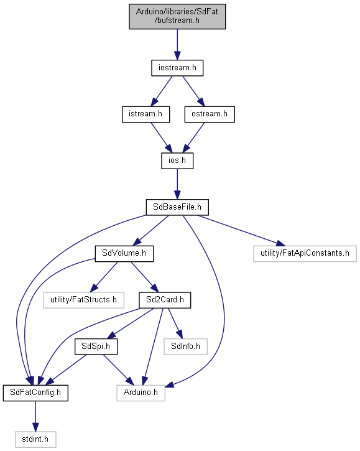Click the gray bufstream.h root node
click(177, 16)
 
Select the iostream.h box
click(177, 68)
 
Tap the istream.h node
click(145, 114)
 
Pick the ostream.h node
click(210, 114)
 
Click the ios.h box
click(177, 160)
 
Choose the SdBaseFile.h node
click(177, 207)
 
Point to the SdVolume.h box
click(124, 253)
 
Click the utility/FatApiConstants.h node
click(305, 253)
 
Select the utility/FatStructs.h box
click(84, 300)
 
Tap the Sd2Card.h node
click(165, 300)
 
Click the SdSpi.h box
click(96, 346)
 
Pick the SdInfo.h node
click(185, 346)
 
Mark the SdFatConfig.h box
click(35, 393)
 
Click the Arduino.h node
click(141, 393)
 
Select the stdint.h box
click(35, 439)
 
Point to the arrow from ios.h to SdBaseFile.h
click(177, 184)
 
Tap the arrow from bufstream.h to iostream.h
click(177, 44)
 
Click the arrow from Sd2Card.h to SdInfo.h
click(175, 323)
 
